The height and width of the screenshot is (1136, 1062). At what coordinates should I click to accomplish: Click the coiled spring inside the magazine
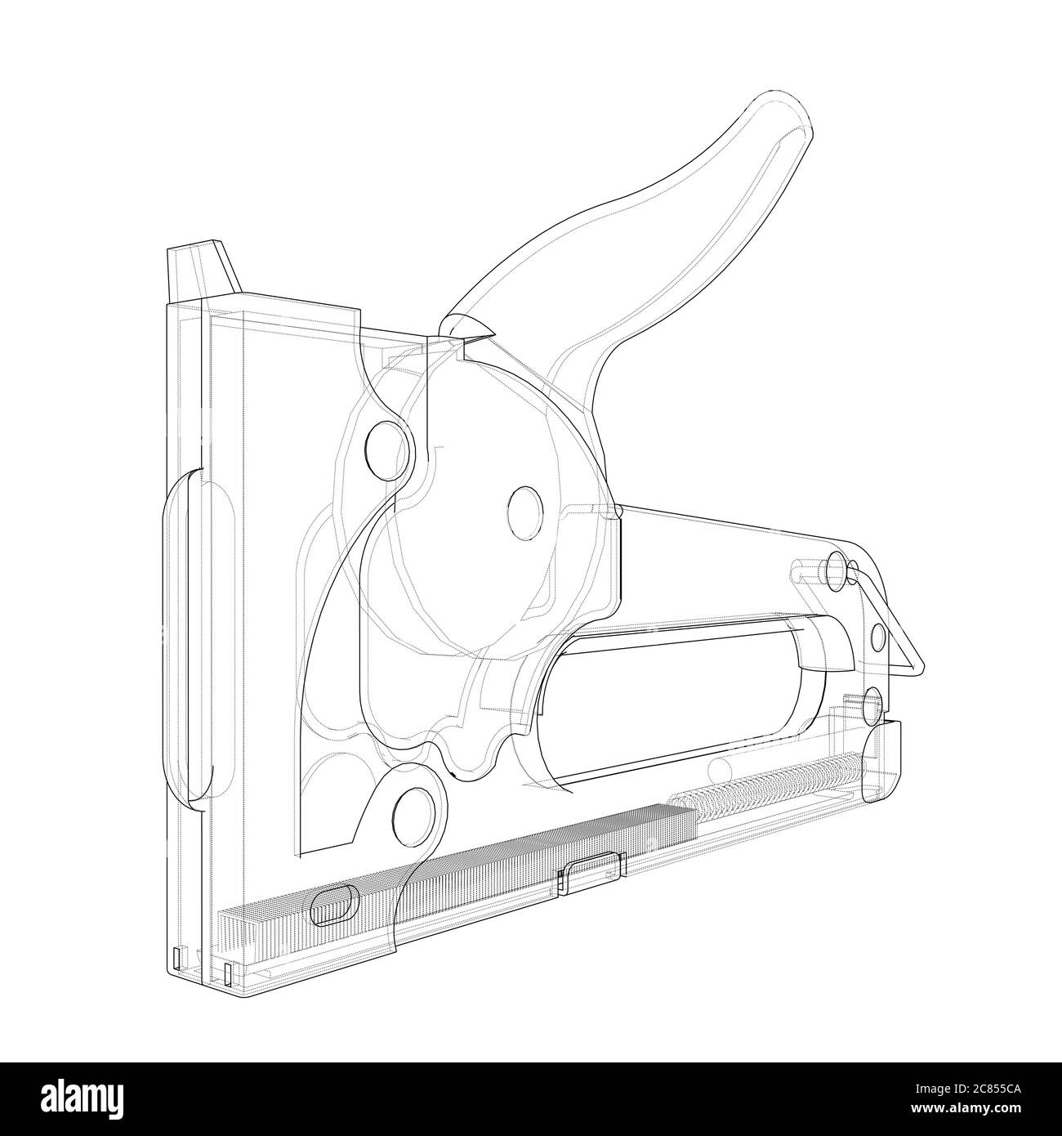[768, 781]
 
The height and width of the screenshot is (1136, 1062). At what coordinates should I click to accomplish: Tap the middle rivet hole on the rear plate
[878, 637]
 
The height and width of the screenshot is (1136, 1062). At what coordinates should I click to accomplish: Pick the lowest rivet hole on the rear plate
[872, 701]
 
